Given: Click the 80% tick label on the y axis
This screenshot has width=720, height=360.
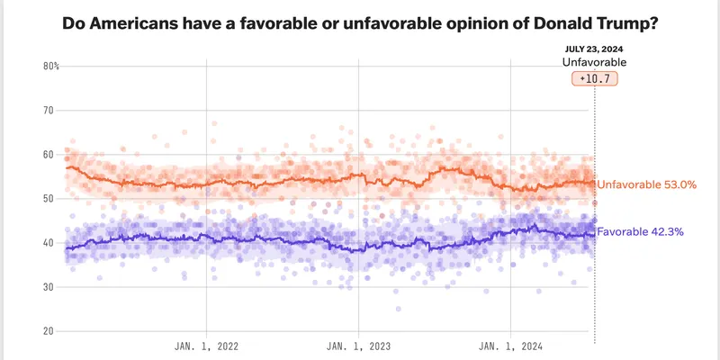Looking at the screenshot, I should tap(50, 67).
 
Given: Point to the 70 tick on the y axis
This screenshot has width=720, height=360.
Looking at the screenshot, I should tap(49, 111).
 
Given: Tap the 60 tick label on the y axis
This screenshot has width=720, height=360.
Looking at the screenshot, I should tap(49, 155).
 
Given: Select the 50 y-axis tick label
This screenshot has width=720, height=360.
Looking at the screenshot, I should tap(49, 199).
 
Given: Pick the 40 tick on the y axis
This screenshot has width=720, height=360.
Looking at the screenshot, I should tap(49, 243).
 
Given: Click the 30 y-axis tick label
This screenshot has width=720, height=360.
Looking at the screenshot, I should tap(49, 287).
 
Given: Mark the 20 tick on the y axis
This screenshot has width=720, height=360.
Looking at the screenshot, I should tap(49, 331).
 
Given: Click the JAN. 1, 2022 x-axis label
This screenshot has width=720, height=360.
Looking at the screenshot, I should tap(206, 346).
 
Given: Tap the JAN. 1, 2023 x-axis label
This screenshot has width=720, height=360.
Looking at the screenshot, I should tap(358, 346).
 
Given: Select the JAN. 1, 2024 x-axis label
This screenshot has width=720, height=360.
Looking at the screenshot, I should tap(510, 346).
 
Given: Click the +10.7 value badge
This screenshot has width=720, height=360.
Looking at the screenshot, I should tap(594, 79).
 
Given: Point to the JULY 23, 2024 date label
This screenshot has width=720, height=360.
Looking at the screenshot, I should tap(594, 49).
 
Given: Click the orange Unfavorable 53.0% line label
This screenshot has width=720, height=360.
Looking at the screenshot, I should tap(647, 184).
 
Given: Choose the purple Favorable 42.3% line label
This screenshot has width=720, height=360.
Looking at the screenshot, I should tap(642, 231).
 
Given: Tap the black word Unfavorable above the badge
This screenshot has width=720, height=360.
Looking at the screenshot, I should tap(594, 62).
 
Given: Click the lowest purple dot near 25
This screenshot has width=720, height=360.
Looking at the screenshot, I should tap(398, 309).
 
